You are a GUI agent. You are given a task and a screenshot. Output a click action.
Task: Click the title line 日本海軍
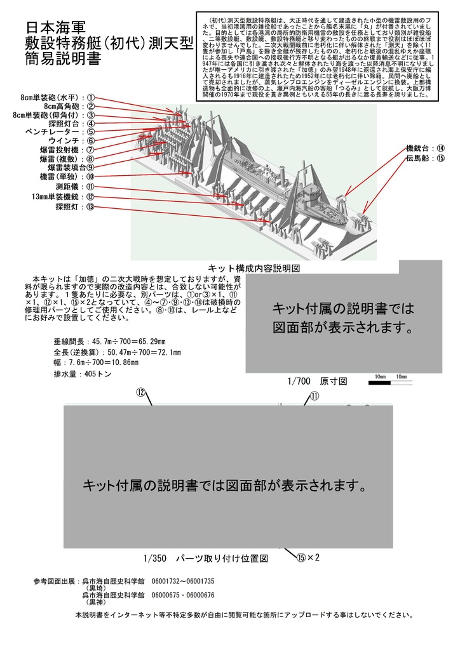[x=55, y=29]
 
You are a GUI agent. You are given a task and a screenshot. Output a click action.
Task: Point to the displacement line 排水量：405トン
[x=83, y=375]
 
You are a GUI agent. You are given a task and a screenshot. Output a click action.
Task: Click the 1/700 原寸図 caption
[x=316, y=381]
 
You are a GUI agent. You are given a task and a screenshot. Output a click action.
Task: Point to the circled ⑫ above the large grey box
[x=141, y=392]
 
